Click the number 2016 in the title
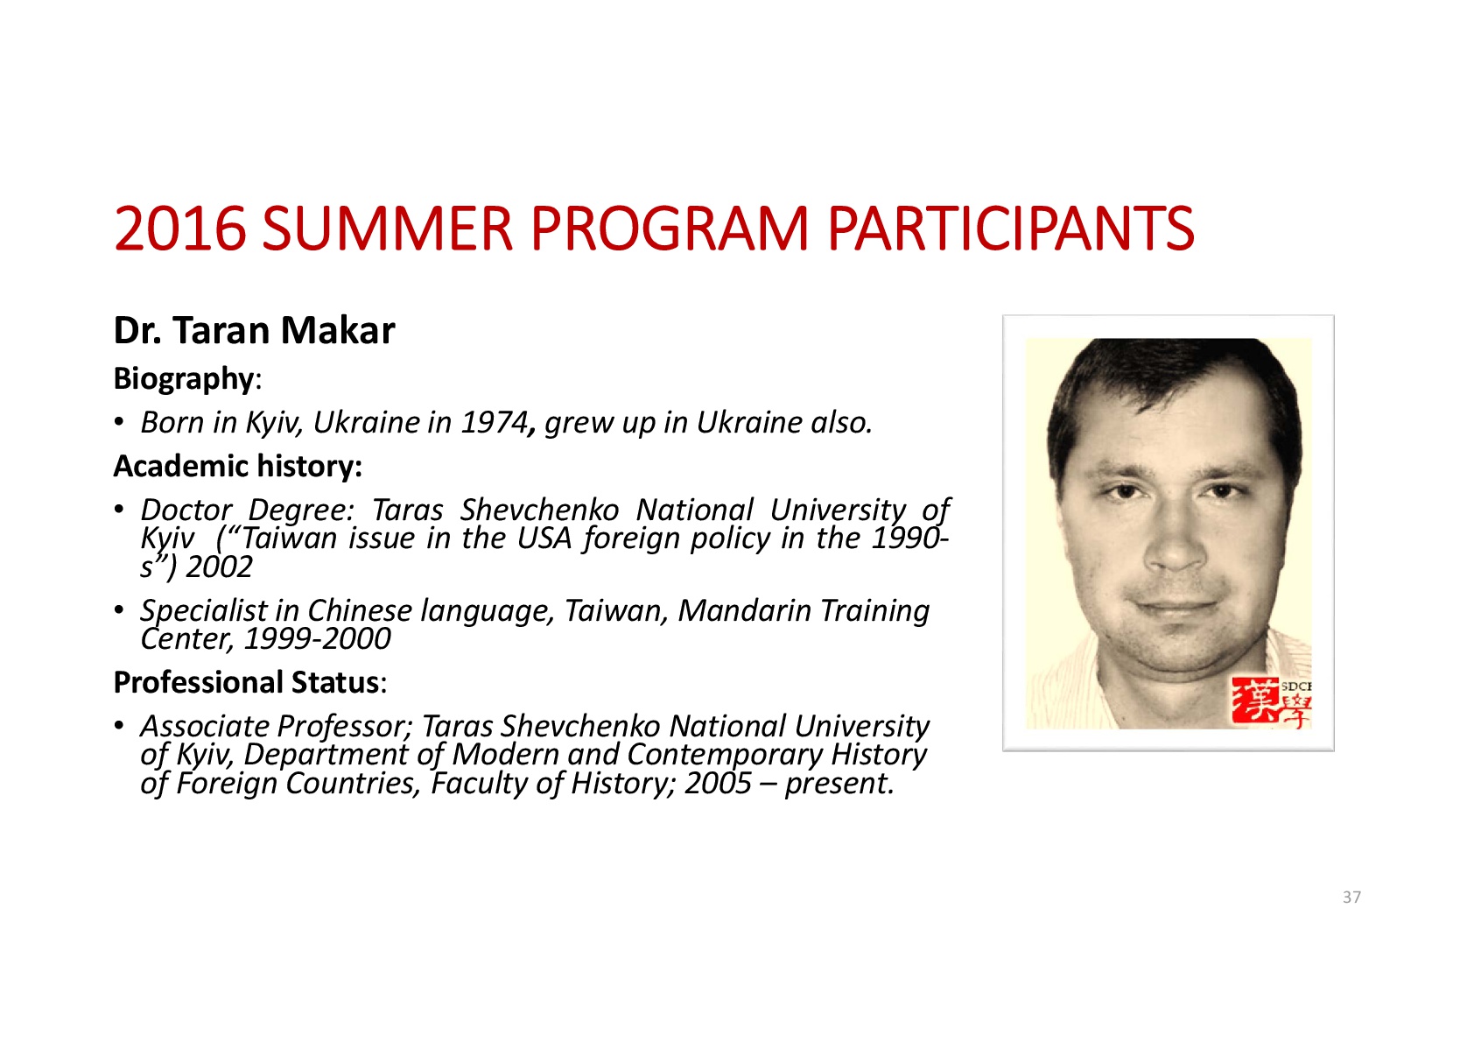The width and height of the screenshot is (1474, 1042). point(180,229)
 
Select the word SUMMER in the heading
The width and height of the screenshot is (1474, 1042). point(388,229)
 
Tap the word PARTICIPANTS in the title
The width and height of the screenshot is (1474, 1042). point(1011,229)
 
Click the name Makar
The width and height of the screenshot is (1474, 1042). point(338,330)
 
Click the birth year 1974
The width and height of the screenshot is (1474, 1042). point(495,422)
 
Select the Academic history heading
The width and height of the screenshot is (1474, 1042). point(237,466)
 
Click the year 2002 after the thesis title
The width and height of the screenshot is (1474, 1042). point(219,567)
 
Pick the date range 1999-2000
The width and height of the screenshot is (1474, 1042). point(317,638)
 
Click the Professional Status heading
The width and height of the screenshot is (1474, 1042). point(250,682)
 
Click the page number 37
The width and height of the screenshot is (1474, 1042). point(1351,898)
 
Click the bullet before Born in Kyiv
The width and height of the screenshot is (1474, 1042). point(118,422)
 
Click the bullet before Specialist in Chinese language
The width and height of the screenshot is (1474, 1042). point(118,610)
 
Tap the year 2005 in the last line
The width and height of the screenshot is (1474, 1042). point(718,784)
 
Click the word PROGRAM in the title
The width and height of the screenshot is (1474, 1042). point(670,229)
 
